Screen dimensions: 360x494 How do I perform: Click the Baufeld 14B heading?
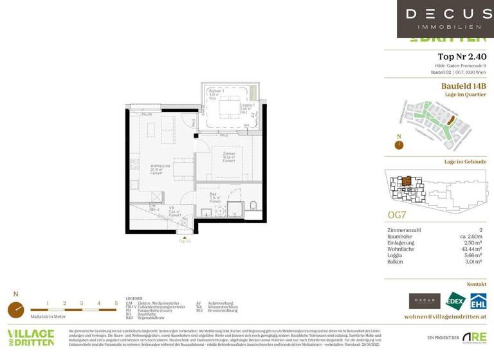[x=463, y=85]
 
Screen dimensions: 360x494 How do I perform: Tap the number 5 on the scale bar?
[x=116, y=303]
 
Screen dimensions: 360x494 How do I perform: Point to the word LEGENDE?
[x=134, y=299]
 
